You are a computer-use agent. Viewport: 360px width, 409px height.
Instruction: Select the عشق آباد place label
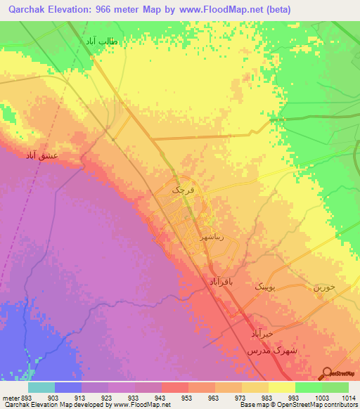tap(43, 155)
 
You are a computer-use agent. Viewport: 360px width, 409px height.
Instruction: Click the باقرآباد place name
tap(225, 281)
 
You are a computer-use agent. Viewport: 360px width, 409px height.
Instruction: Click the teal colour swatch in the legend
tap(41, 387)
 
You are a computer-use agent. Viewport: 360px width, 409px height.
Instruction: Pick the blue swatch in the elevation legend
tap(68, 387)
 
